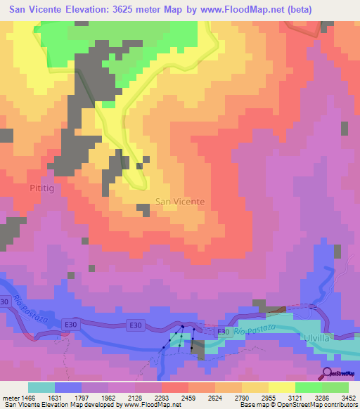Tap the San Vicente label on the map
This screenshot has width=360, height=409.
(180, 201)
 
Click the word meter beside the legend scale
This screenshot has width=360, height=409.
(9, 396)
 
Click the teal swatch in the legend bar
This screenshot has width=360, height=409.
(41, 387)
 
